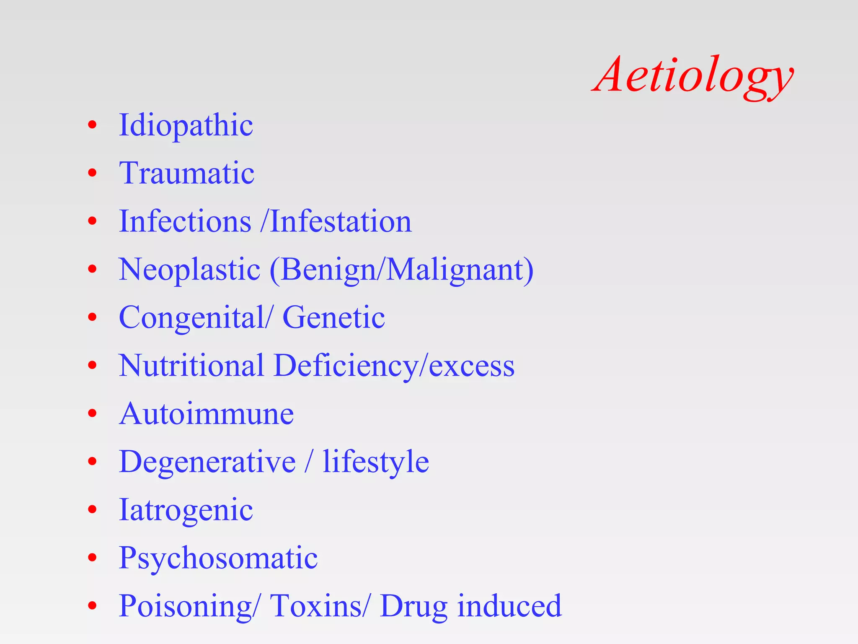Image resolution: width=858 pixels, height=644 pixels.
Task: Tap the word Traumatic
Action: pyautogui.click(x=186, y=173)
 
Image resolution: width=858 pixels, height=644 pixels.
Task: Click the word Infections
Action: pyautogui.click(x=185, y=221)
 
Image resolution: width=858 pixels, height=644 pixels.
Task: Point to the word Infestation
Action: pyautogui.click(x=341, y=221)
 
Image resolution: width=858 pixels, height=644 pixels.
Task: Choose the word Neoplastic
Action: pyautogui.click(x=189, y=269)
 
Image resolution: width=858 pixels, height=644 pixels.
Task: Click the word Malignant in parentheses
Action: pyautogui.click(x=454, y=269)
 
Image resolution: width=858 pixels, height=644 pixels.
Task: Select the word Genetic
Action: pyautogui.click(x=333, y=317)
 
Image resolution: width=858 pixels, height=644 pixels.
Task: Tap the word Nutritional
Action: pyautogui.click(x=191, y=365)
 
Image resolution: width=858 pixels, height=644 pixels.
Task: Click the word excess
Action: pyautogui.click(x=471, y=366)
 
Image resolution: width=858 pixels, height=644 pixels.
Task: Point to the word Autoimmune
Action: pyautogui.click(x=206, y=413)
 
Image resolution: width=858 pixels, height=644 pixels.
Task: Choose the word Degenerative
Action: pyautogui.click(x=207, y=462)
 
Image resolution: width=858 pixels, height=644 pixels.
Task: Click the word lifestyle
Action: pyautogui.click(x=376, y=462)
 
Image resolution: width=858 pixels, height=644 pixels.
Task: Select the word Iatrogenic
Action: pyautogui.click(x=186, y=510)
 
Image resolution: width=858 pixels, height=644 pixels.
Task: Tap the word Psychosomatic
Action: pyautogui.click(x=218, y=558)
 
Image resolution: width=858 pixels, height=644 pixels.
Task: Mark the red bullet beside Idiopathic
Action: pyautogui.click(x=92, y=125)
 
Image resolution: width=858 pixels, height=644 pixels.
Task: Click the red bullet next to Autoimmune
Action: pyautogui.click(x=92, y=413)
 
